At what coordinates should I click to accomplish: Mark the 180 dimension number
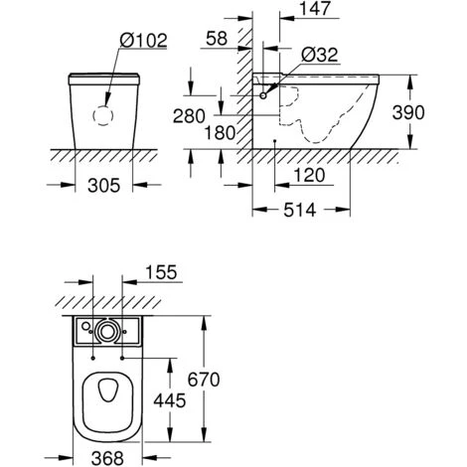222,130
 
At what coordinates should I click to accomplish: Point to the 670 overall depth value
228,378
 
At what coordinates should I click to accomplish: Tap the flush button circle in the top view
106,330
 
